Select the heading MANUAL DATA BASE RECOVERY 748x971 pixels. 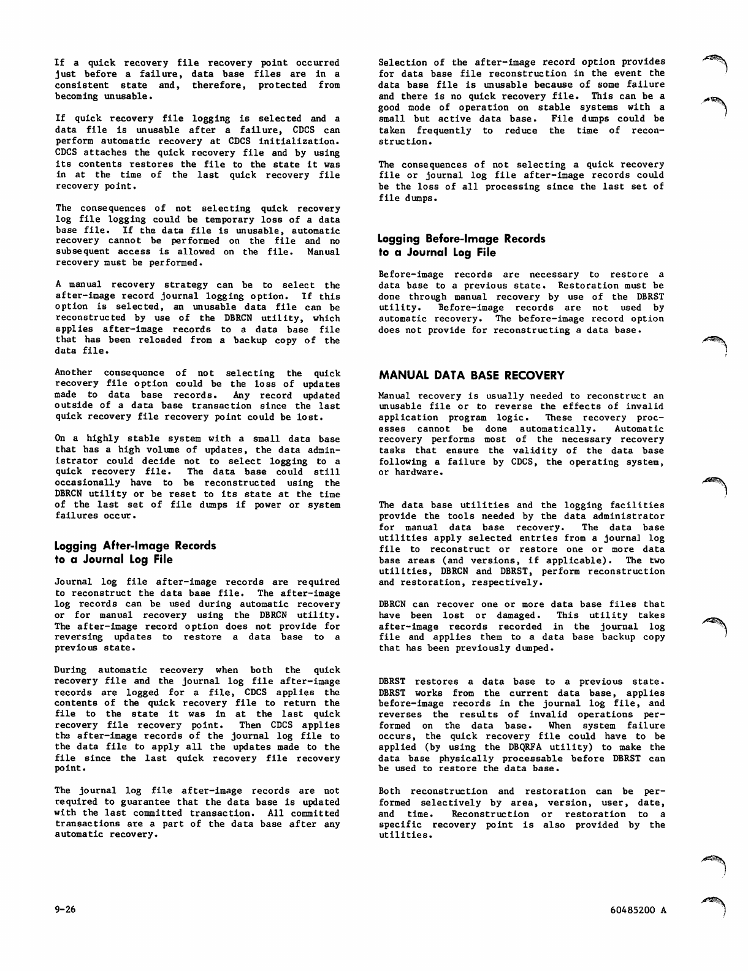(471, 375)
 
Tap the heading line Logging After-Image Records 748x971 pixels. (135, 545)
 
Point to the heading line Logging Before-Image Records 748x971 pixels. (462, 238)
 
